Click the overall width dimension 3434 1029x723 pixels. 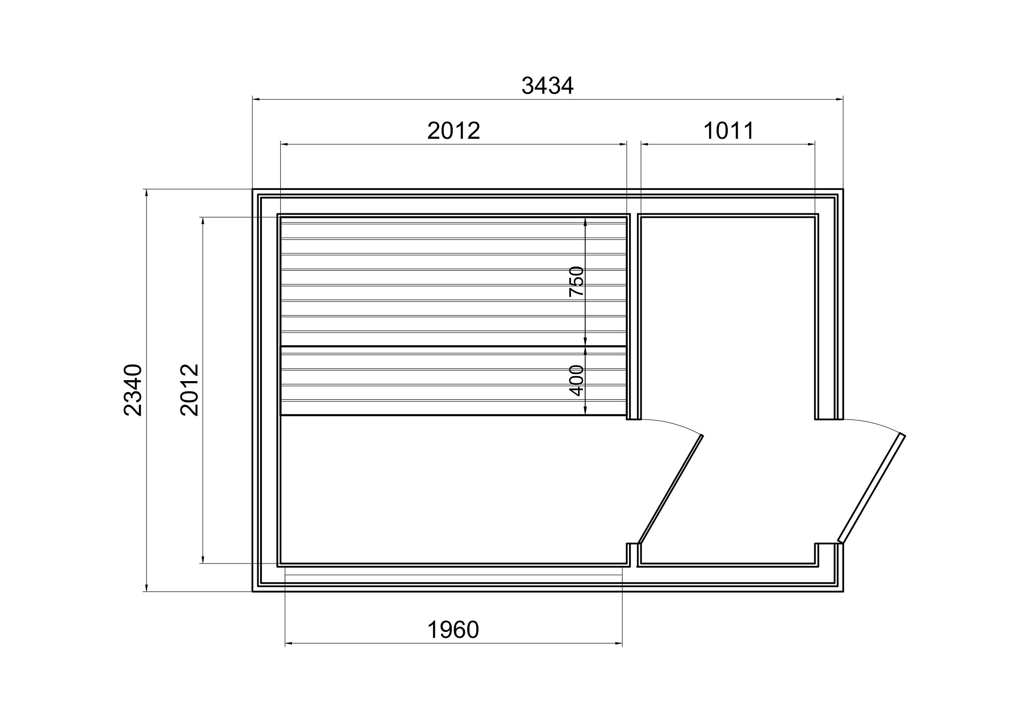[547, 86]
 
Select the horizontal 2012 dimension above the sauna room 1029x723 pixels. [454, 131]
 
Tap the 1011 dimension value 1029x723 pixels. [729, 131]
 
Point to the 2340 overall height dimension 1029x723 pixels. [133, 390]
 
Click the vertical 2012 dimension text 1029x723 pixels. [189, 390]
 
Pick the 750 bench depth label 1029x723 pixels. [577, 281]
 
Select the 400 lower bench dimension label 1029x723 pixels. [577, 381]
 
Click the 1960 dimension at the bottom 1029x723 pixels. [453, 630]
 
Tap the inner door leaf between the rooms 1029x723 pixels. [671, 489]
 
